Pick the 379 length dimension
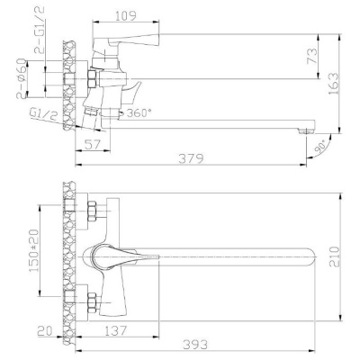(x=190, y=158)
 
